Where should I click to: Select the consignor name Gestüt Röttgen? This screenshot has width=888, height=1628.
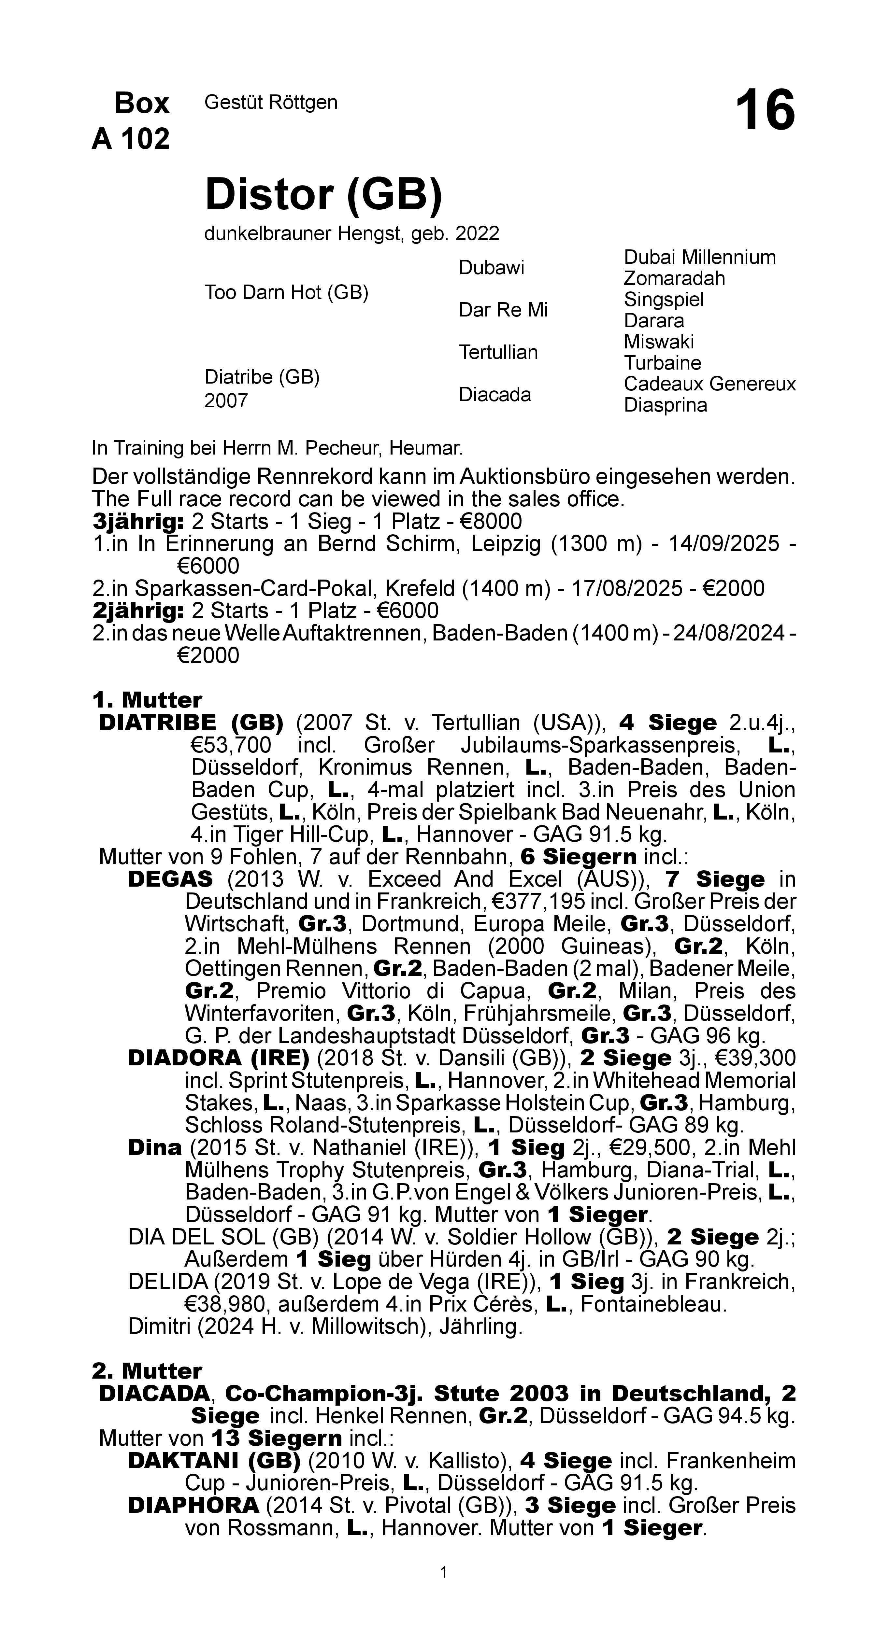pos(271,102)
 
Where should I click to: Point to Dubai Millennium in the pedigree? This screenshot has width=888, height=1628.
pos(699,257)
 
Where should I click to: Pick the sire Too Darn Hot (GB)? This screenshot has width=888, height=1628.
pos(286,293)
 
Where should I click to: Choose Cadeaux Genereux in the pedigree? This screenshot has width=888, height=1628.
pos(709,384)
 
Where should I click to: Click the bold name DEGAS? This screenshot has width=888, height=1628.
pos(170,879)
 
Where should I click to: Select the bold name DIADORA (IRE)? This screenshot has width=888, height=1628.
pos(218,1058)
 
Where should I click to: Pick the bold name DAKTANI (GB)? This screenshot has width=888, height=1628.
pos(214,1461)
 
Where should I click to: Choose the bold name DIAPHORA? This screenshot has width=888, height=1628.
pos(193,1505)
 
